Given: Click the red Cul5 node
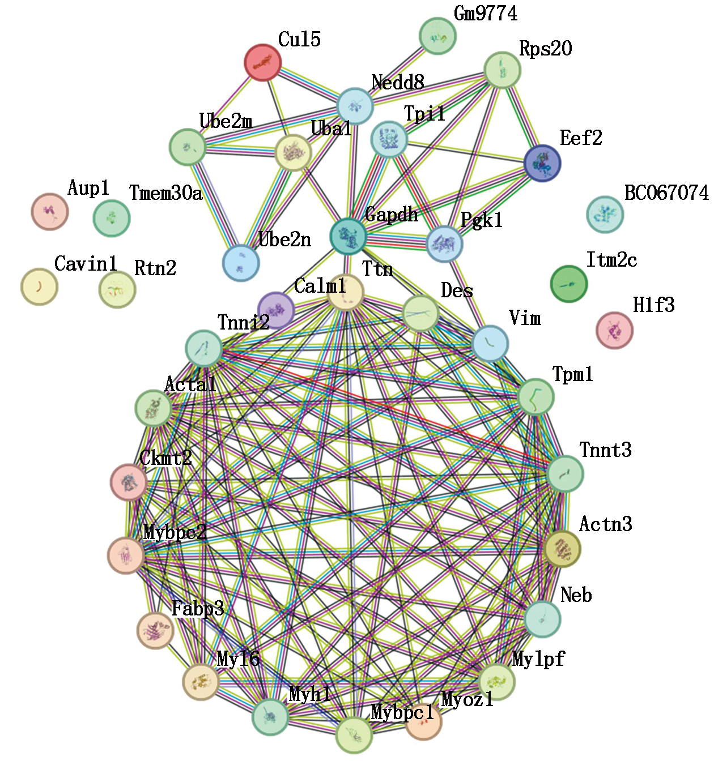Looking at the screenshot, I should tap(262, 62).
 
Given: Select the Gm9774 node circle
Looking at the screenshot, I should tap(437, 36).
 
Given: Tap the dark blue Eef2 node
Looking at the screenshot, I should tap(542, 163).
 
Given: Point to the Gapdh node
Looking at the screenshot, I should tap(348, 236).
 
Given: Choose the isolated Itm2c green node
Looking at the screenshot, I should tap(569, 284).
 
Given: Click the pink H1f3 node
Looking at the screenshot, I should tap(614, 330).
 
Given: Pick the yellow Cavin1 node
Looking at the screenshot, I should tap(39, 287).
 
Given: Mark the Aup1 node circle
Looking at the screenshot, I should tap(50, 212).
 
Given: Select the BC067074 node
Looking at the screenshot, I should tap(605, 215).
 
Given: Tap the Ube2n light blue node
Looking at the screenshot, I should tap(241, 263).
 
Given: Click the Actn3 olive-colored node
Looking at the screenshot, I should tap(562, 549).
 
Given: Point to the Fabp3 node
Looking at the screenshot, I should tap(155, 630).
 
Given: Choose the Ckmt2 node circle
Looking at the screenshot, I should tap(129, 482).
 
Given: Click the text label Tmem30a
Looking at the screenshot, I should tap(165, 194).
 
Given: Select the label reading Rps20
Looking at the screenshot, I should tap(545, 49).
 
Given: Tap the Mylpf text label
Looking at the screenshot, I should tap(538, 659).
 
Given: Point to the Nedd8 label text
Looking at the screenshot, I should tap(397, 83).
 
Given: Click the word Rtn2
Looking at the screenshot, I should tap(155, 268).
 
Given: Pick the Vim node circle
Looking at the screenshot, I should tap(490, 344).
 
